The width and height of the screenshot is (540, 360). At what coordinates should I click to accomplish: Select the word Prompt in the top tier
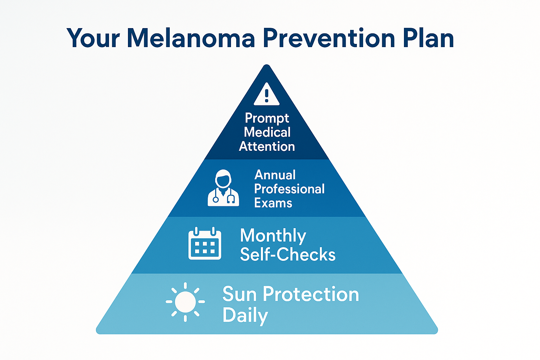tap(267, 118)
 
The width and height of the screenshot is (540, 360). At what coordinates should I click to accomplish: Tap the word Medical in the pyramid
tap(267, 133)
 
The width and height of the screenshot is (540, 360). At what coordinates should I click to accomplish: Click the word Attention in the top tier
tap(267, 147)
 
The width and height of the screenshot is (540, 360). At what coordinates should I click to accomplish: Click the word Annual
tap(275, 175)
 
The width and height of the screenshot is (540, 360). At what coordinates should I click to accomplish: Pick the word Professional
tap(289, 189)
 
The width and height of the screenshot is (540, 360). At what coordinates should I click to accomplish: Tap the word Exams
tap(273, 203)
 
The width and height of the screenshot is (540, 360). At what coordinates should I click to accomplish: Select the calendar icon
tap(205, 243)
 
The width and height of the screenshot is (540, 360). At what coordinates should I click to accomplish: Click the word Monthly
tap(273, 236)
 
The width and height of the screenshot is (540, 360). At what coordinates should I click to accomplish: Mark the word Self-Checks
tap(288, 255)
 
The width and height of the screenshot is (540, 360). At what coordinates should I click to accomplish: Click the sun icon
tap(185, 302)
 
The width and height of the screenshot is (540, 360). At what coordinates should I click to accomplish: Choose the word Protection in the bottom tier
tap(311, 294)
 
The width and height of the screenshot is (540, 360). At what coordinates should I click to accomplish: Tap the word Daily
tap(245, 315)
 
